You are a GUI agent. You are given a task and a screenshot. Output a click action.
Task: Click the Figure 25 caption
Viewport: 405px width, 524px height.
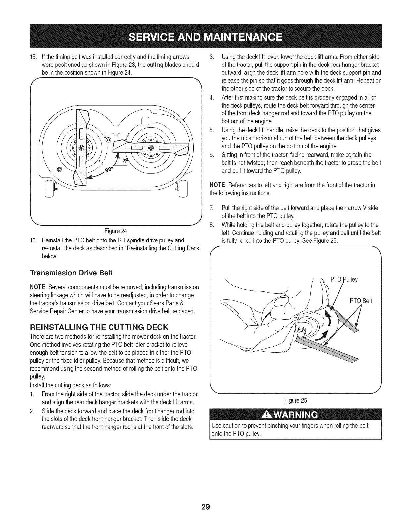click(300, 401)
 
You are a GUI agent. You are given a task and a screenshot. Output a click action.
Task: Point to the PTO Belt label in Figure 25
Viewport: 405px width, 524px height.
click(361, 301)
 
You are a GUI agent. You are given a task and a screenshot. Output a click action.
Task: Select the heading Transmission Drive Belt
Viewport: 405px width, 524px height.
click(71, 273)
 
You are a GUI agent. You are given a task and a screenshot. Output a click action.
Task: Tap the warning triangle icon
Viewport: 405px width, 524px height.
click(266, 415)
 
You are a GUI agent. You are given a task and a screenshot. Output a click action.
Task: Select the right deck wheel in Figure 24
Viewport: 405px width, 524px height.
click(181, 192)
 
